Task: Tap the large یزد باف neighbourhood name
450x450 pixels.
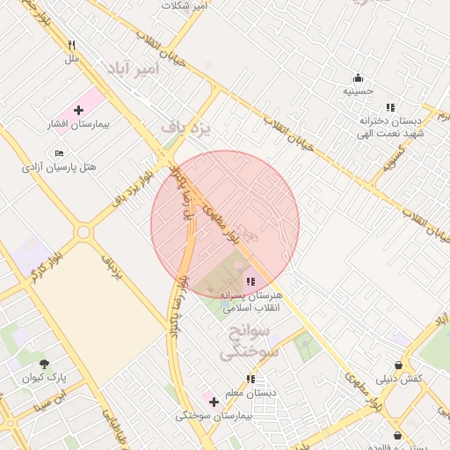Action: pyautogui.click(x=186, y=128)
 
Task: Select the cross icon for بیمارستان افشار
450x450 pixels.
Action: pyautogui.click(x=79, y=111)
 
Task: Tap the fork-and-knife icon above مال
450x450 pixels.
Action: pyautogui.click(x=72, y=45)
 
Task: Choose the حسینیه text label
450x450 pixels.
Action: pyautogui.click(x=358, y=91)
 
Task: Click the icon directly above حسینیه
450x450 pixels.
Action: pyautogui.click(x=358, y=77)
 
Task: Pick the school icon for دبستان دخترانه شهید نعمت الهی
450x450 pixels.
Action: pyautogui.click(x=390, y=107)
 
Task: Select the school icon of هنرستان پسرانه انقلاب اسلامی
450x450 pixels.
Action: pyautogui.click(x=250, y=282)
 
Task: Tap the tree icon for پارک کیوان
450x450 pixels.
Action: pyautogui.click(x=44, y=364)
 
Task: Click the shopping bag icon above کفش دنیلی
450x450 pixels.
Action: pyautogui.click(x=399, y=365)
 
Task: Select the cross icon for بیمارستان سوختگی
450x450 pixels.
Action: pyautogui.click(x=214, y=402)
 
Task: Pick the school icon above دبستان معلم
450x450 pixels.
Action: pyautogui.click(x=250, y=380)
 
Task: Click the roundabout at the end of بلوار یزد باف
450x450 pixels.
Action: pyautogui.click(x=83, y=233)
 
